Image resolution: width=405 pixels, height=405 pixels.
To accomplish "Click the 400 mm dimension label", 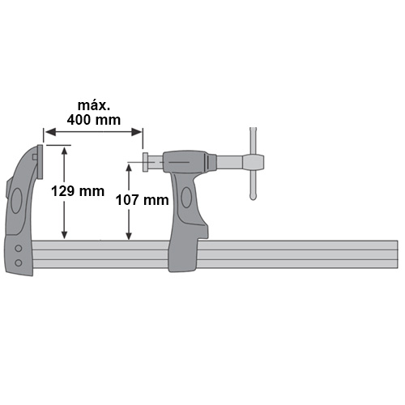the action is tap(94, 120).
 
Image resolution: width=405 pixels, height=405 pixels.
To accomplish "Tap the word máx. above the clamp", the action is tap(94, 105).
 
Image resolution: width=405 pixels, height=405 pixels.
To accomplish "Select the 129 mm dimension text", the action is tap(78, 191).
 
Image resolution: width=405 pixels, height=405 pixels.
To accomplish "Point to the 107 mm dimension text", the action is tap(143, 200).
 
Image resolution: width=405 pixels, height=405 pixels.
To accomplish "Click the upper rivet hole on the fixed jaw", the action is tap(19, 249).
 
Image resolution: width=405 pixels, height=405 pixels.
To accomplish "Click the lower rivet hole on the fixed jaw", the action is tap(19, 262).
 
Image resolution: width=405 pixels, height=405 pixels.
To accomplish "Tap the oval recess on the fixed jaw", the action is tap(17, 201).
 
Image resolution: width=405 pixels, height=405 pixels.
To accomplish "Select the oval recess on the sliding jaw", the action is tap(186, 198).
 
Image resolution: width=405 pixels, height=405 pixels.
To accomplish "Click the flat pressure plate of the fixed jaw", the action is tap(40, 162).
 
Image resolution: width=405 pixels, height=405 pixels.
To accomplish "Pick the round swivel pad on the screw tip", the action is tap(145, 162).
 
